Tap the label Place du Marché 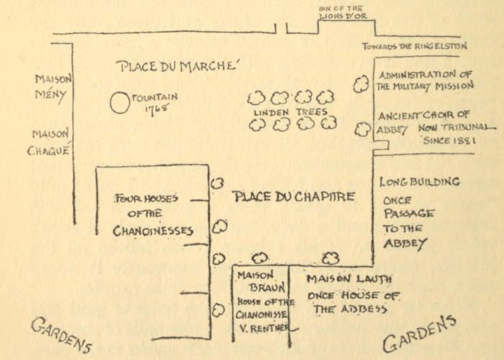coord(176,67)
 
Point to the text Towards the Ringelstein coord(415,47)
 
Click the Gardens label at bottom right coord(419,333)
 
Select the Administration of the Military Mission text coord(426,80)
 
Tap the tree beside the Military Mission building coord(360,84)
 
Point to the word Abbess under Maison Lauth coord(365,310)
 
